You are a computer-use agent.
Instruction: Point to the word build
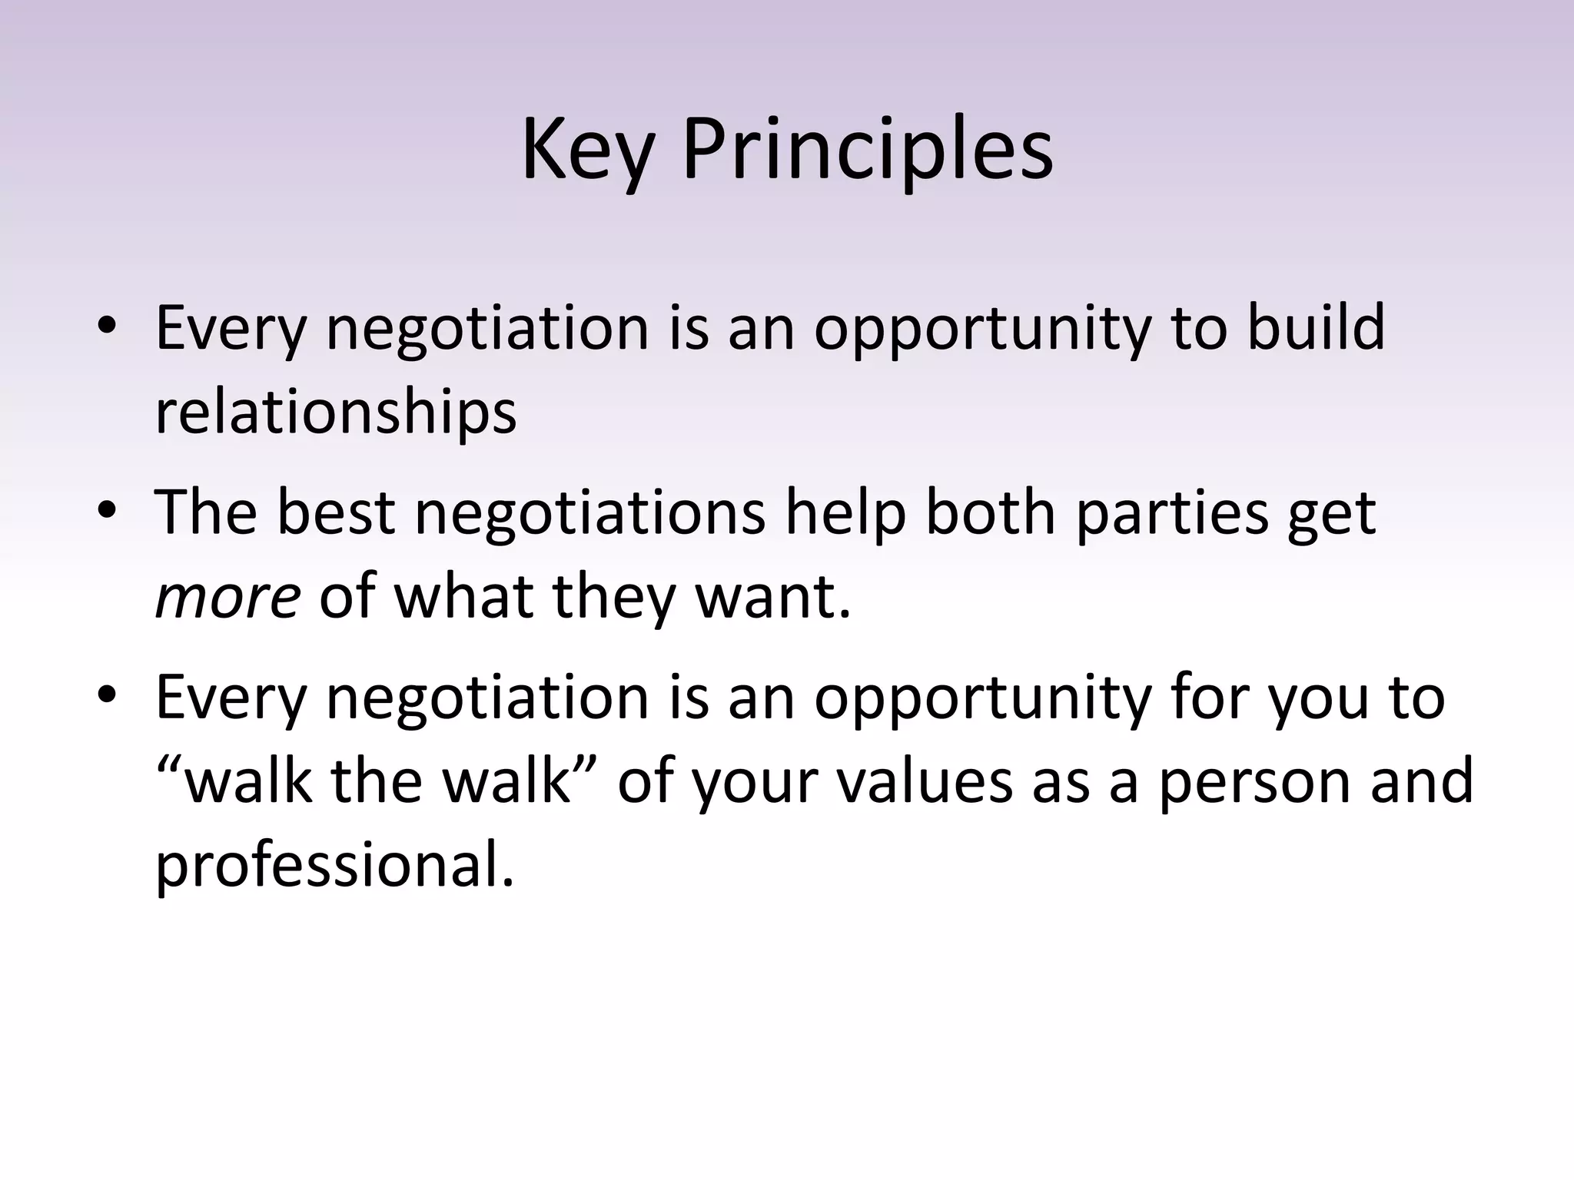click(x=1315, y=327)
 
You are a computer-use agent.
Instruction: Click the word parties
click(x=1171, y=512)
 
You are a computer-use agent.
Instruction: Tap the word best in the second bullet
click(x=335, y=512)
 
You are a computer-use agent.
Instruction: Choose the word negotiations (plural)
click(x=589, y=512)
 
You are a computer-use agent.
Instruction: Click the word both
click(x=990, y=512)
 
